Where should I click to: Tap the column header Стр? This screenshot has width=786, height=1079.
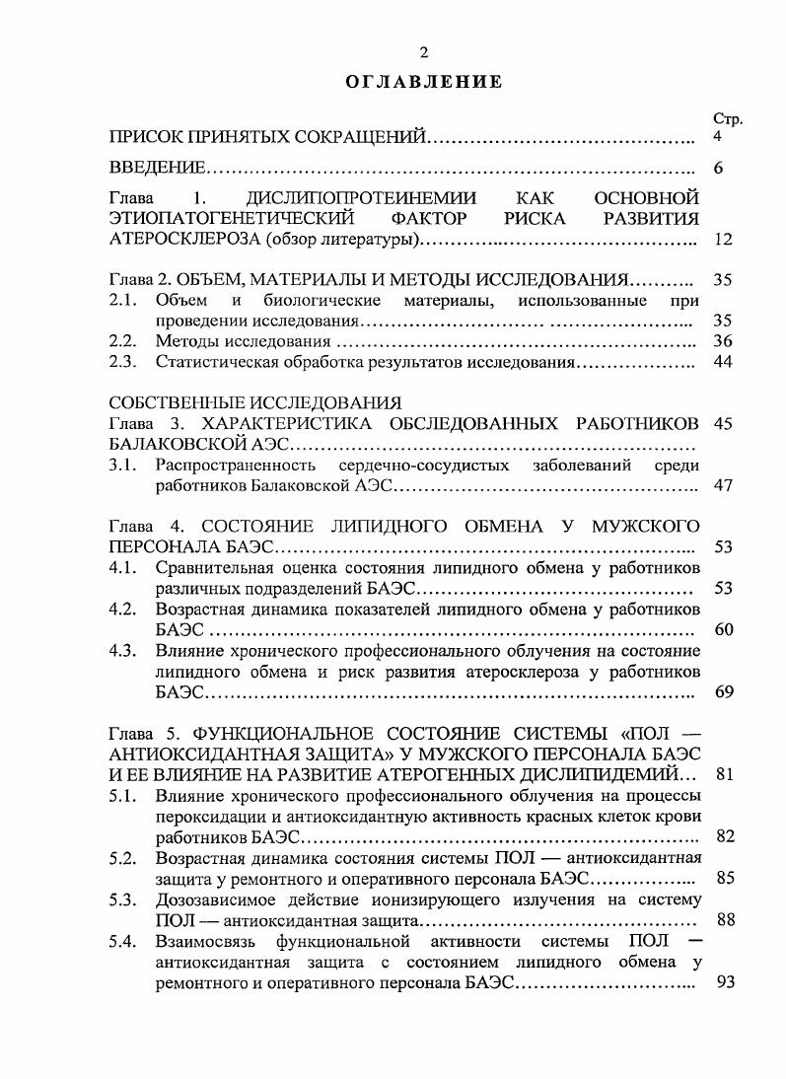pos(727,119)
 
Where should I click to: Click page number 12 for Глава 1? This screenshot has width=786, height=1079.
pos(723,240)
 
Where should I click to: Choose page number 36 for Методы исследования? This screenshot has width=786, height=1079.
pos(723,341)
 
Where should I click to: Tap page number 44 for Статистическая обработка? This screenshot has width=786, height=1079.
pos(723,363)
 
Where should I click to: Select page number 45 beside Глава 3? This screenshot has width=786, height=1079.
pos(723,423)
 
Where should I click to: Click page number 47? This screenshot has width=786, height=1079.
pos(723,486)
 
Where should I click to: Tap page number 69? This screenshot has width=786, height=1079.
pos(723,692)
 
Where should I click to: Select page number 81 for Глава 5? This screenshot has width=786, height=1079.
pos(723,773)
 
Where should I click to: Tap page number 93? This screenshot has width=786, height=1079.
pos(723,983)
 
